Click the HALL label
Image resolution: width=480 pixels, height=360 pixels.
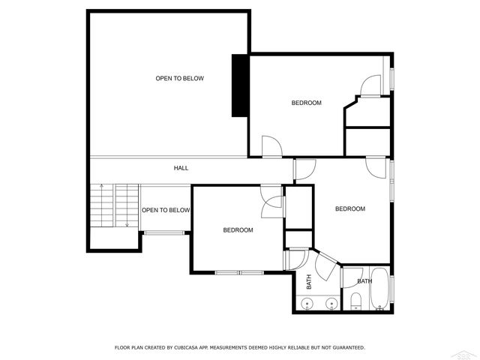tap(181, 168)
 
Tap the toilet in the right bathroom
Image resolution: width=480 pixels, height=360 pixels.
tap(357, 301)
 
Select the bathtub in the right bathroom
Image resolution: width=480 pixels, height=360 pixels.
tap(380, 289)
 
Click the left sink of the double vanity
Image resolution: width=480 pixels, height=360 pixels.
tap(307, 304)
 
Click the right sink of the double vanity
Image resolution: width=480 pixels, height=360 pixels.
tap(330, 304)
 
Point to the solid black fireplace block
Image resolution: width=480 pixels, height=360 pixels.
tap(240, 85)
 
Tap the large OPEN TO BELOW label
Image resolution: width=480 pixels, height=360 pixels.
tap(179, 78)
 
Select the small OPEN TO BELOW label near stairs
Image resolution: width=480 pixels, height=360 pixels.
tap(166, 210)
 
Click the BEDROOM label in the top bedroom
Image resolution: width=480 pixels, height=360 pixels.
tap(306, 103)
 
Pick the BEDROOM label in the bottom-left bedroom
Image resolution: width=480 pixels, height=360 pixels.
tap(238, 230)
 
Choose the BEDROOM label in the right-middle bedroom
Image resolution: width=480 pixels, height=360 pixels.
tap(349, 208)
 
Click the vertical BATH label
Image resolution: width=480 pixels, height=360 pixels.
tap(308, 282)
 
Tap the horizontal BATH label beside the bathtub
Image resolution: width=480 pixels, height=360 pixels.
tap(364, 281)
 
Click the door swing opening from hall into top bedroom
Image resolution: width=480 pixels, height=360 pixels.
tap(270, 146)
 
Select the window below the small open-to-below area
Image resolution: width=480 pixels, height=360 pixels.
tap(164, 234)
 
